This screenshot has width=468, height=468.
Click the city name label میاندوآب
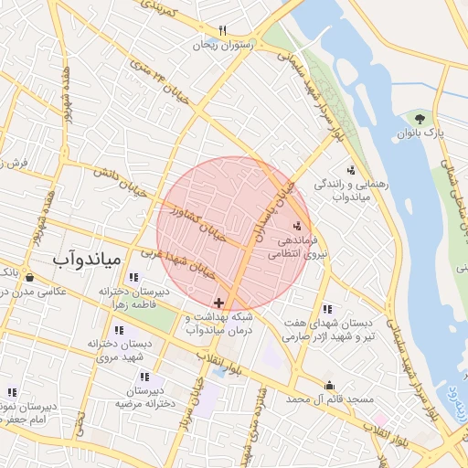[x=87, y=260]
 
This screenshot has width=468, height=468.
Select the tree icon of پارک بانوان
[x=420, y=118]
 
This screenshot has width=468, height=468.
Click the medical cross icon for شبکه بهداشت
[x=218, y=303]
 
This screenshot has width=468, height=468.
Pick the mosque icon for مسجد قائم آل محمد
[x=329, y=386]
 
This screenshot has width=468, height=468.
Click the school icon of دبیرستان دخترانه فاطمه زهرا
[x=133, y=277]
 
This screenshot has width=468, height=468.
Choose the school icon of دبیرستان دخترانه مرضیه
[x=144, y=377]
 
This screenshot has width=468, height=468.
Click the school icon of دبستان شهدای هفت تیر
[x=327, y=309]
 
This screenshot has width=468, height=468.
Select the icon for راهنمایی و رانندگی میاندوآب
[x=351, y=170]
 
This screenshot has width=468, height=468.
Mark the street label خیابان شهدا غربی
[x=177, y=261]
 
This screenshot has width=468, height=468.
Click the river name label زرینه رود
[x=451, y=403]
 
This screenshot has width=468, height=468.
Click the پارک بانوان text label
[x=420, y=133]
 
